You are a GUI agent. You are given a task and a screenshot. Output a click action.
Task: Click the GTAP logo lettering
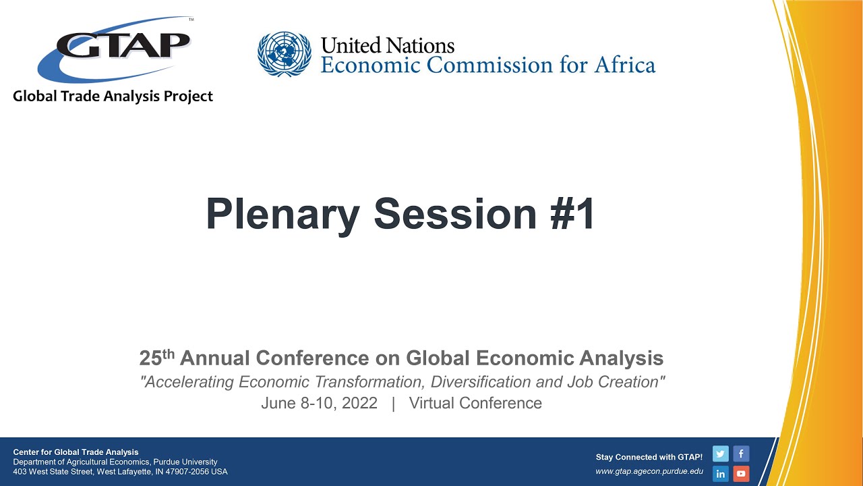coord(123,45)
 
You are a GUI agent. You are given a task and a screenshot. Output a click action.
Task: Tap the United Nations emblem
coord(285,54)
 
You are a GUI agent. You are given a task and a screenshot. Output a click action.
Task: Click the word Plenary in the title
coord(282,214)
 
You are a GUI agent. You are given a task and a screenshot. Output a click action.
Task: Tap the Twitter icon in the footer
coord(721,454)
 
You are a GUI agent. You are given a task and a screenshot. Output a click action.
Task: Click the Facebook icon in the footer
coord(741,454)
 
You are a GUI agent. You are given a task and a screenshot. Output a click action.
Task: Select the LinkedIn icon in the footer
coord(721,474)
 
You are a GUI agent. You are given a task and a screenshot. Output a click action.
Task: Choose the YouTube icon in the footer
coord(741,474)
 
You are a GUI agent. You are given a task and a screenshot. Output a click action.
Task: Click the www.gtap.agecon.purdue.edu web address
coord(649,472)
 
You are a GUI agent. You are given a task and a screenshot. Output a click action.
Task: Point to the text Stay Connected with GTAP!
coord(649,457)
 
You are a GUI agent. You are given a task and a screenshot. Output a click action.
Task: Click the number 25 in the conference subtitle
coord(150,358)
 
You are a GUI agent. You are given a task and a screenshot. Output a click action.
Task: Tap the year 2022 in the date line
coord(359,404)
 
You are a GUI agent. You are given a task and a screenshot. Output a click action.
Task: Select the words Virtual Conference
coord(475,404)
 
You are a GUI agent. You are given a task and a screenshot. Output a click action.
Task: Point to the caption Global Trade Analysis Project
coord(113,97)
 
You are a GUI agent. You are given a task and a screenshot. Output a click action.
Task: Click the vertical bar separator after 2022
coord(393,404)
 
